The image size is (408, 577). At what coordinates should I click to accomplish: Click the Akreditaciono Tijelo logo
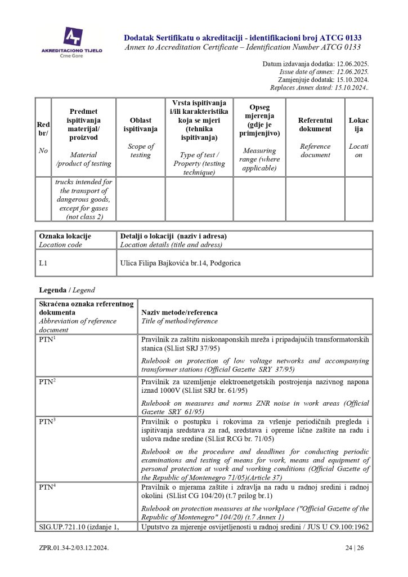click(71, 41)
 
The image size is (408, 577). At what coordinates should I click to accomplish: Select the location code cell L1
click(43, 263)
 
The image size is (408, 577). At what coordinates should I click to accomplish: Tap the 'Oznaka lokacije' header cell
click(65, 236)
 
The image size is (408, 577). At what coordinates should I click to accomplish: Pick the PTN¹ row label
click(47, 340)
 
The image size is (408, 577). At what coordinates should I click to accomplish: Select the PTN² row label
click(47, 382)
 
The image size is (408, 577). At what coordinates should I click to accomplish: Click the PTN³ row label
click(47, 421)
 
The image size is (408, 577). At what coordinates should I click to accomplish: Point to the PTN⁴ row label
click(47, 486)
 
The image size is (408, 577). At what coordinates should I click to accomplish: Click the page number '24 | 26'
click(357, 547)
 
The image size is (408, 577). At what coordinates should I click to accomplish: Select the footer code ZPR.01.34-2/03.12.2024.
click(73, 547)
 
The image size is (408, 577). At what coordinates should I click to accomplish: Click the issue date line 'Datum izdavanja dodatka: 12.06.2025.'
click(315, 64)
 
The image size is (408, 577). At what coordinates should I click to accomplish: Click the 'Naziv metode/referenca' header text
click(179, 312)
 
